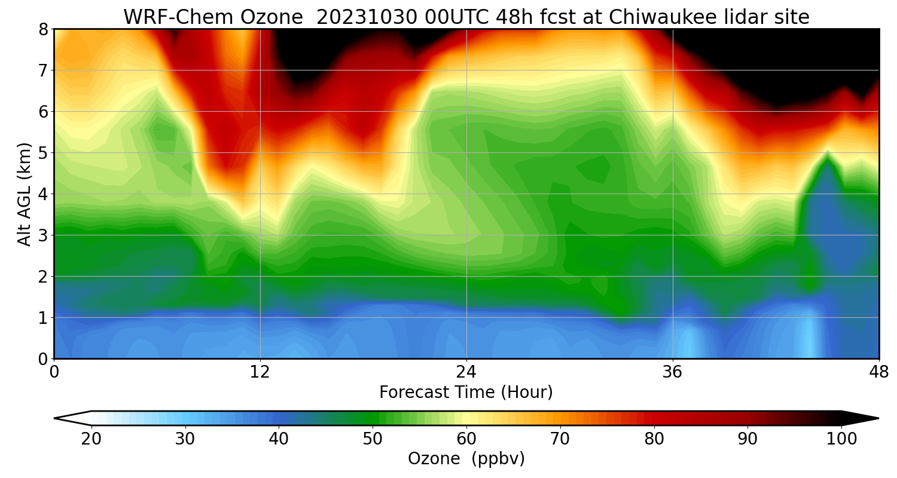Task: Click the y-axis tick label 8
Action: coord(43,29)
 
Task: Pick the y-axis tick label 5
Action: coord(43,153)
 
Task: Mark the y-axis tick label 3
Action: coord(43,235)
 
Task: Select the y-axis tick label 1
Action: coord(43,318)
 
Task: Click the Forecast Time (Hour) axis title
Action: coord(466,393)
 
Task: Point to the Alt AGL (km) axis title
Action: coord(25,194)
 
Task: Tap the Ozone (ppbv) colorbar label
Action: coord(466,459)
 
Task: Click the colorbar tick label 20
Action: coord(91,439)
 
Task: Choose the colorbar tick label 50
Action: coord(373,439)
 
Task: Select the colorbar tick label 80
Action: coord(654,439)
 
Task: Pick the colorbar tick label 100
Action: coord(841,439)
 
